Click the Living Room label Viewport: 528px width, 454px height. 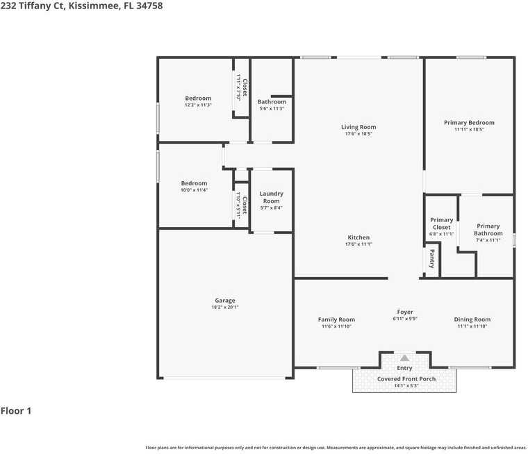[358, 127]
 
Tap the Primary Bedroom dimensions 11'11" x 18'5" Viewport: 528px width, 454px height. [469, 130]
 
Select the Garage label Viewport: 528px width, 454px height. [224, 301]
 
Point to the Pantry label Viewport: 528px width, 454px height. [431, 259]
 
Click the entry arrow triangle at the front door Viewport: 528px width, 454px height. [404, 358]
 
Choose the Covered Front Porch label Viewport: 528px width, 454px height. [406, 379]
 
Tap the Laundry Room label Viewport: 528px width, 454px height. [271, 197]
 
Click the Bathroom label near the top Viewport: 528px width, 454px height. [272, 102]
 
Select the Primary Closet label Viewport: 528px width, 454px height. [441, 224]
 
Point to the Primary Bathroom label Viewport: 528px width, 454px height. [488, 230]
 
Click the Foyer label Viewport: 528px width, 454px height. [405, 312]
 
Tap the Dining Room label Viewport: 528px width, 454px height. [472, 319]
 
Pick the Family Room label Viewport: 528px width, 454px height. [336, 319]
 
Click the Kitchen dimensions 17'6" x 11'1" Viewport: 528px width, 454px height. [358, 244]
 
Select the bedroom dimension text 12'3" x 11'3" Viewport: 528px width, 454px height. [198, 106]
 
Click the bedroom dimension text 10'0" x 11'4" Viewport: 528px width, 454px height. [195, 190]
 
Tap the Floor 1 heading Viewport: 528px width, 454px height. [16, 411]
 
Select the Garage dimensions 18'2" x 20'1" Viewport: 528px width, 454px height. [224, 308]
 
